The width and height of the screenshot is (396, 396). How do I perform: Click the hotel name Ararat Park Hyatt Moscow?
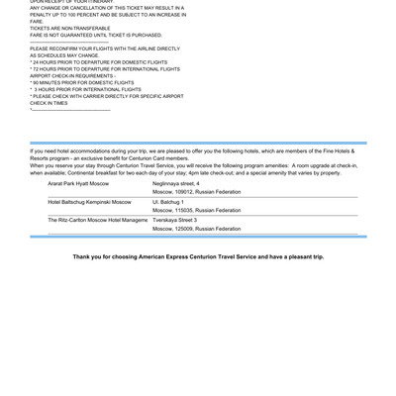pos(78,184)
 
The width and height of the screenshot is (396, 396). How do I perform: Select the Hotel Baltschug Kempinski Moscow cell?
pos(88,201)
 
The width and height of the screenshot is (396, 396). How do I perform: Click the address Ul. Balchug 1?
pos(169,201)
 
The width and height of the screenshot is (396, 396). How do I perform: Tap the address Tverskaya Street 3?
pos(174,219)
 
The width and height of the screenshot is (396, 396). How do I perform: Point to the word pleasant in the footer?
pos(298,255)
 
